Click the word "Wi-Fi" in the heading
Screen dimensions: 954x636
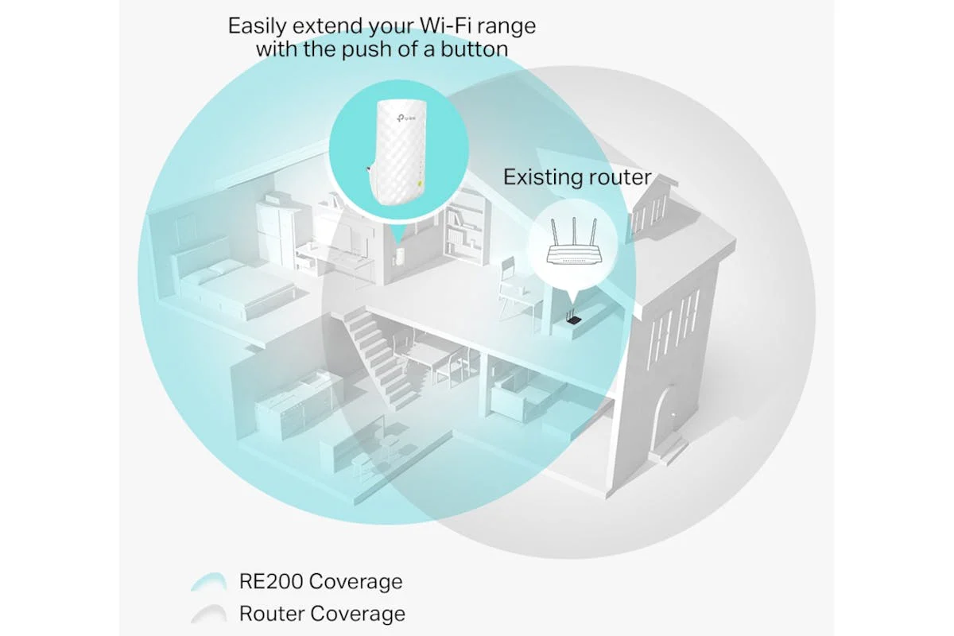point(446,25)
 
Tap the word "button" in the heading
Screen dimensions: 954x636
point(474,49)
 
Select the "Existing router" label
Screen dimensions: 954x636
point(577,176)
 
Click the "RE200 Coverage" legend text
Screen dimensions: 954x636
point(320,581)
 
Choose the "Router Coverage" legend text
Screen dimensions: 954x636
point(323,614)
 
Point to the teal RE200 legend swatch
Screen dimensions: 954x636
point(208,581)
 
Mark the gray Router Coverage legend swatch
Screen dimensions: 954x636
point(208,614)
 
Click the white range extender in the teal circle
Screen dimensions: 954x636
point(397,152)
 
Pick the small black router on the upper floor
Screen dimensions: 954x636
point(573,318)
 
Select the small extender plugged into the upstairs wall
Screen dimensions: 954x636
point(399,256)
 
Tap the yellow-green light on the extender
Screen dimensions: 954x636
point(420,184)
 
